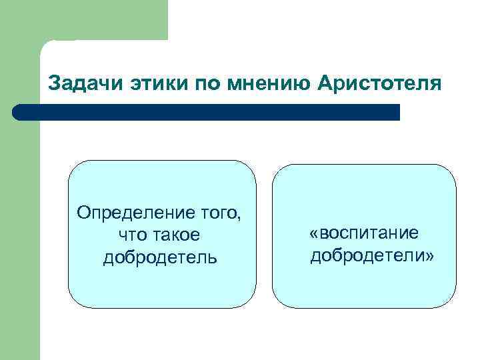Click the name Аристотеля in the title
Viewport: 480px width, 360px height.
tap(379, 85)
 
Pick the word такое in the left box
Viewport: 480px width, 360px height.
tap(177, 235)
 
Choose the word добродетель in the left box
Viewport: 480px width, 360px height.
tap(160, 257)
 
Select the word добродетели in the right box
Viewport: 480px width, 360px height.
tap(367, 255)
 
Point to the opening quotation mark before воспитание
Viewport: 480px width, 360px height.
tap(314, 234)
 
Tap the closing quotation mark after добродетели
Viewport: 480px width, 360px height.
tap(429, 256)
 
